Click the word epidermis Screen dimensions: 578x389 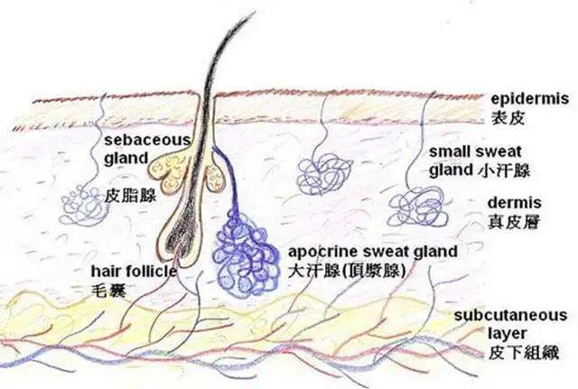pyautogui.click(x=530, y=100)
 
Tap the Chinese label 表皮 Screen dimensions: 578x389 pyautogui.click(x=508, y=118)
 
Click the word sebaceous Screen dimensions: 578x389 pyautogui.click(x=147, y=140)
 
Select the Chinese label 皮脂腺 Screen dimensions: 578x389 pyautogui.click(x=130, y=196)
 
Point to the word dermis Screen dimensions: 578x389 pyautogui.click(x=514, y=202)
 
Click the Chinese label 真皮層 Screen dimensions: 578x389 pyautogui.click(x=514, y=222)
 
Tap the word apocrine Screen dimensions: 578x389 pyautogui.click(x=323, y=253)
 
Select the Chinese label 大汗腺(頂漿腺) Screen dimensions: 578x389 pyautogui.click(x=347, y=272)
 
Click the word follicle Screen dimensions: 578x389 pyautogui.click(x=151, y=272)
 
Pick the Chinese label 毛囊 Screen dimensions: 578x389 pyautogui.click(x=108, y=291)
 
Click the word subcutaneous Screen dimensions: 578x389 pyautogui.click(x=510, y=315)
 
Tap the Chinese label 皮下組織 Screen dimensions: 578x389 pyautogui.click(x=524, y=353)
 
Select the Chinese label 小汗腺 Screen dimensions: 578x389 pyautogui.click(x=504, y=171)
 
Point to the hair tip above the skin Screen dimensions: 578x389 pyautogui.click(x=255, y=13)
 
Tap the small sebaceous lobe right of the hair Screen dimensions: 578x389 pyautogui.click(x=216, y=178)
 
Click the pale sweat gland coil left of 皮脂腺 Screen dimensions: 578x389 pyautogui.click(x=83, y=205)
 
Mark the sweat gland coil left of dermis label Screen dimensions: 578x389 pyautogui.click(x=418, y=207)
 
